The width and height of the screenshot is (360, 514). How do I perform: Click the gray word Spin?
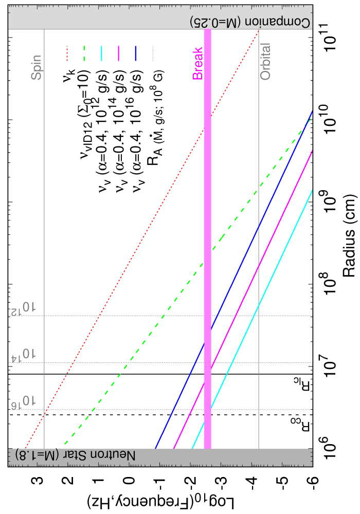coord(37,67)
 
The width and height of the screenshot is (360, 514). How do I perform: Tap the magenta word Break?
coord(197,64)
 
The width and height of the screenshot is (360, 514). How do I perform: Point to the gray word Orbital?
coord(265,62)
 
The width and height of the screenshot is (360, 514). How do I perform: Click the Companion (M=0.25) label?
coord(250,22)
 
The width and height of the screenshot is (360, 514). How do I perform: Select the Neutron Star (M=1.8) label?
coord(76,455)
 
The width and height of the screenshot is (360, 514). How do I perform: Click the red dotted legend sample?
coord(67,53)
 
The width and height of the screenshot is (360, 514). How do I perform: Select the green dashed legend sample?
coord(84,53)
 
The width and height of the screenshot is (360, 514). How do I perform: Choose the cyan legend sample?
coord(101,53)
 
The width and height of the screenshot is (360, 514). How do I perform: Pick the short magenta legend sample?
coord(119,53)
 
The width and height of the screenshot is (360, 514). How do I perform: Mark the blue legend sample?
coord(136,53)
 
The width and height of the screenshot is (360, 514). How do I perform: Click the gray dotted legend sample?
coord(153,53)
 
